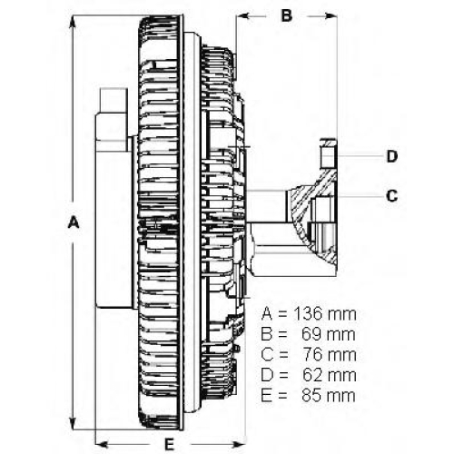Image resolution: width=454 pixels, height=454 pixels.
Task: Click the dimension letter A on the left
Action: pos(74,222)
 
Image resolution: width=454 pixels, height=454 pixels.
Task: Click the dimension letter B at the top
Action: pos(286,15)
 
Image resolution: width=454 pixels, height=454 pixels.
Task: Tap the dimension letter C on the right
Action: pos(392,195)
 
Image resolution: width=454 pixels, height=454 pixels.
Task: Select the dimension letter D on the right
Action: pos(392,156)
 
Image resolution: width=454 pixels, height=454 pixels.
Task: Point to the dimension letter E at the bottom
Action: pos(170,444)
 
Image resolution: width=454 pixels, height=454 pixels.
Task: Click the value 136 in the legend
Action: pos(309,314)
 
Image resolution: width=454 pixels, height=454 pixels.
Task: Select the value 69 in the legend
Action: pos(311,334)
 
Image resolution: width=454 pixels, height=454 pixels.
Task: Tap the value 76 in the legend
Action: pos(312,355)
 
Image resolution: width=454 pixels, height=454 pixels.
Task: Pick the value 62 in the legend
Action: pos(312,375)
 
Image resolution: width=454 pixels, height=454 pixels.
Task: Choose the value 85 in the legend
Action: pos(311,396)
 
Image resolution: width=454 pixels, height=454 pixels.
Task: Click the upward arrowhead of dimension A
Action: pos(73,22)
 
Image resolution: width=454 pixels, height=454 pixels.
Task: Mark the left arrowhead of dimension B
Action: pos(243,15)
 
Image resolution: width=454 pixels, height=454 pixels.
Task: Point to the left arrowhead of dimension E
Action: pos(103,444)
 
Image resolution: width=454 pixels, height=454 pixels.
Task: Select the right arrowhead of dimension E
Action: pos(238,444)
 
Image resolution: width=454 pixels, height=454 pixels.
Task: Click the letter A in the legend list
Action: pos(267,314)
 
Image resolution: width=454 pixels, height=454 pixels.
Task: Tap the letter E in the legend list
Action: pos(266,396)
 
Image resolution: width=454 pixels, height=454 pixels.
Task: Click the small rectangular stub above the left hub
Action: pos(113,101)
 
